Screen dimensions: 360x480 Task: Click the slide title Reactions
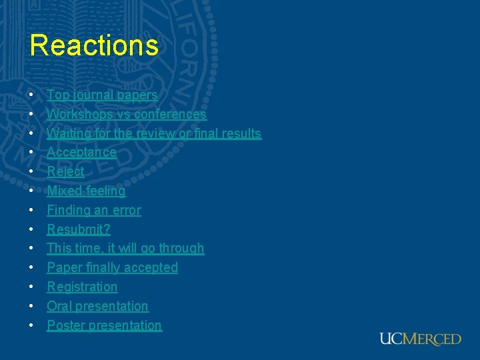pyautogui.click(x=94, y=45)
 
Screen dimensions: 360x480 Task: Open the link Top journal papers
pyautogui.click(x=102, y=95)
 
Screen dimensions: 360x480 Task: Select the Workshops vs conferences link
pyautogui.click(x=127, y=115)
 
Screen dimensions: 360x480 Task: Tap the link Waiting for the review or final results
pyautogui.click(x=154, y=133)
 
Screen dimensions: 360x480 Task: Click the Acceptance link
pyautogui.click(x=81, y=153)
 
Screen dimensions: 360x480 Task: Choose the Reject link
pyautogui.click(x=65, y=172)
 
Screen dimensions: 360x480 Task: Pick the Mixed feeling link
pyautogui.click(x=86, y=191)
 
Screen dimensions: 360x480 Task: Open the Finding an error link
pyautogui.click(x=94, y=211)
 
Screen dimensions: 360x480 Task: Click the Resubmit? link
pyautogui.click(x=79, y=229)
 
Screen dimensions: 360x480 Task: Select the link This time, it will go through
pyautogui.click(x=125, y=249)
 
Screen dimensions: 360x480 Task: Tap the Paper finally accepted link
pyautogui.click(x=112, y=268)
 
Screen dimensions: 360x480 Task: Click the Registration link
pyautogui.click(x=82, y=287)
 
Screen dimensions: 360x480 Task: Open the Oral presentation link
pyautogui.click(x=97, y=307)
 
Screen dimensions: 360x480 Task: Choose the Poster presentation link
pyautogui.click(x=104, y=326)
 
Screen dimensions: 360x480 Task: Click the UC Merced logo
pyautogui.click(x=420, y=339)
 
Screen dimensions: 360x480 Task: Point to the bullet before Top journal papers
pyautogui.click(x=32, y=96)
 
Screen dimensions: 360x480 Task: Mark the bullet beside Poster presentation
pyautogui.click(x=32, y=326)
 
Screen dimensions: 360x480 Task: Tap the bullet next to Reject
pyautogui.click(x=32, y=172)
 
